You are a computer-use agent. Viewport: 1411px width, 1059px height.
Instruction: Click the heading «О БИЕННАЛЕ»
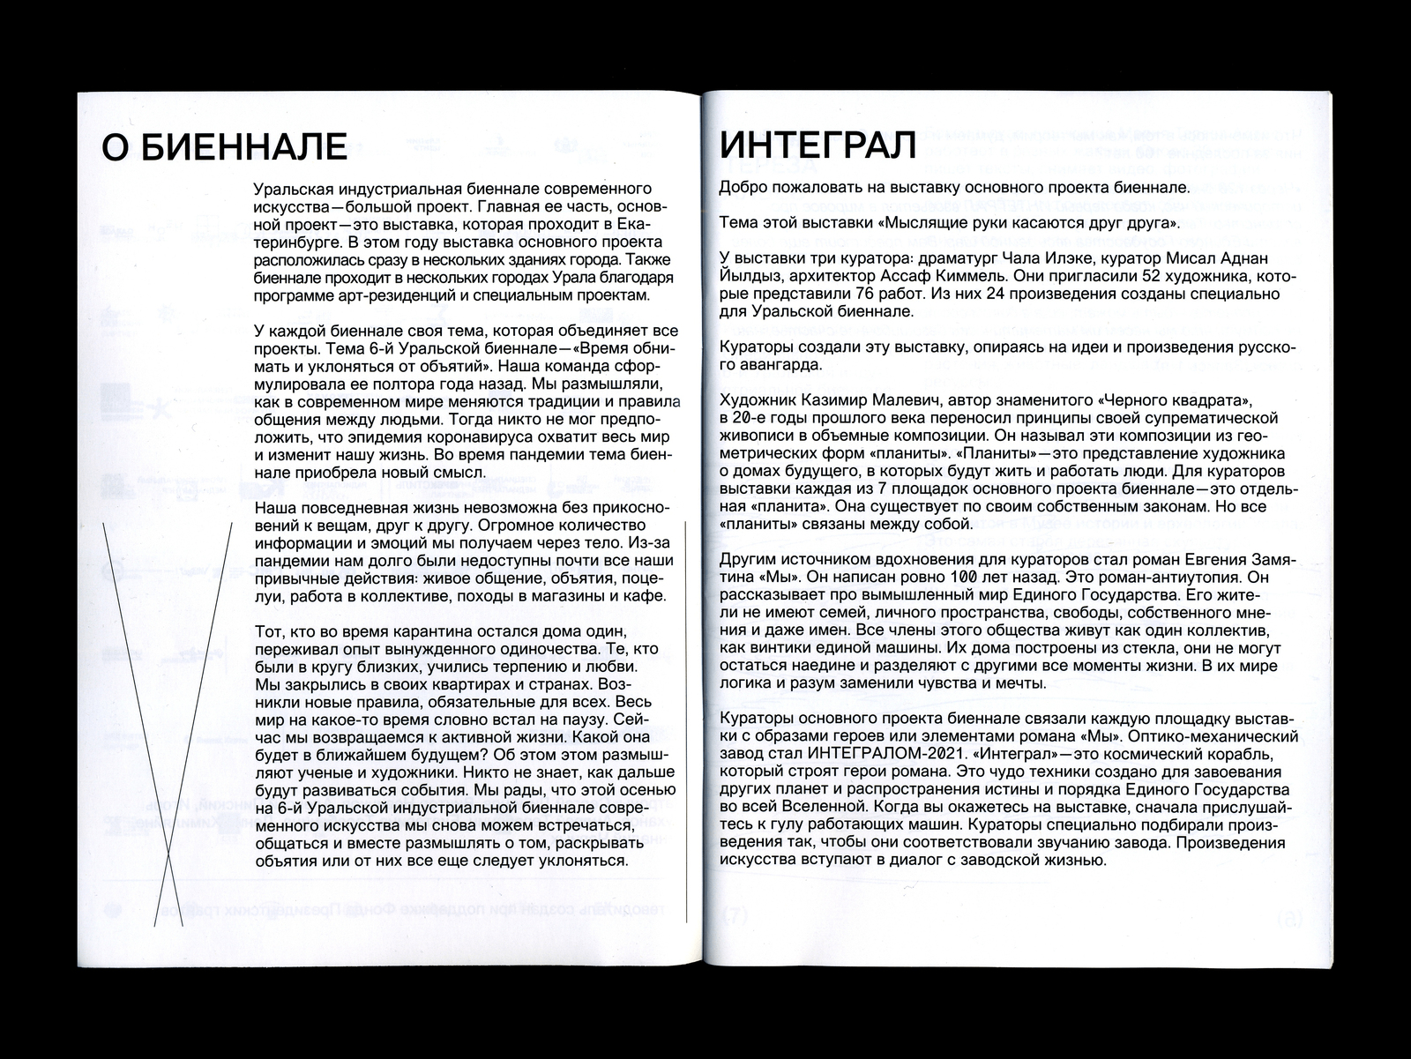click(224, 145)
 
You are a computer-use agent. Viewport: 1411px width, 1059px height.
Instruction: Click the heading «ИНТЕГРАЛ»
click(818, 144)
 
